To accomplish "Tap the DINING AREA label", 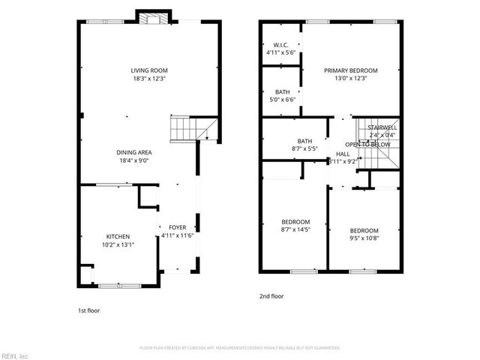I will click(x=134, y=152).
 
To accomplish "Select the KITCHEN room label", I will click(x=118, y=236).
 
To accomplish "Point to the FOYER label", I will click(x=178, y=227).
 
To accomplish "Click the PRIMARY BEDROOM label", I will click(x=351, y=70).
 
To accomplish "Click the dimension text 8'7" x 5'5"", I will click(x=304, y=148).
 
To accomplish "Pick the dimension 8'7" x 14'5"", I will click(x=295, y=230).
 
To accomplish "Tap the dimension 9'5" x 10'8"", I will click(x=364, y=239).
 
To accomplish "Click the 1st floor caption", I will click(x=88, y=310).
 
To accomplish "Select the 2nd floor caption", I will click(x=271, y=296).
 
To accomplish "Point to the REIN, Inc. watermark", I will click(x=14, y=355).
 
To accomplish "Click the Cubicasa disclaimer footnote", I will click(x=240, y=348).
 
